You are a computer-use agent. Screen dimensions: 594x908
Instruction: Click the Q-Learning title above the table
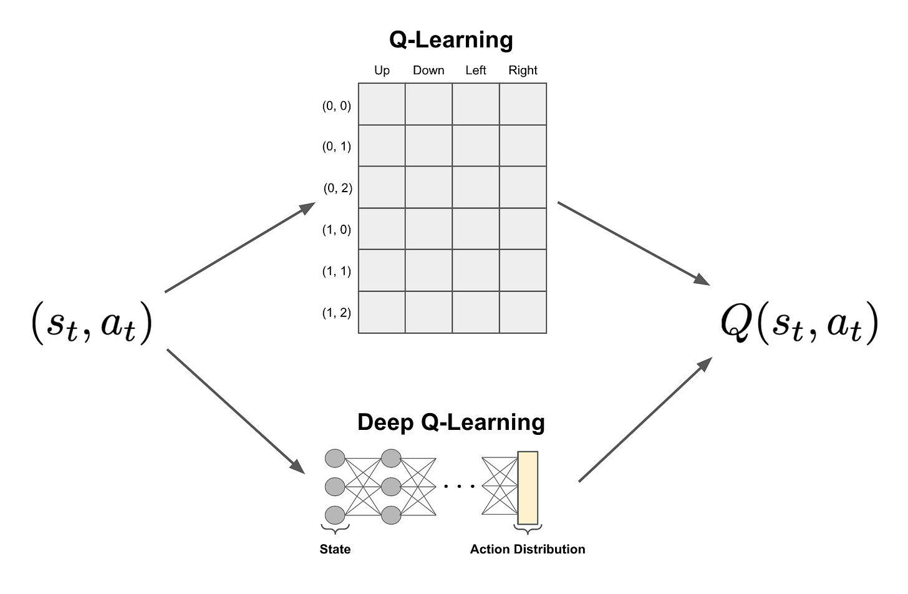[x=451, y=39]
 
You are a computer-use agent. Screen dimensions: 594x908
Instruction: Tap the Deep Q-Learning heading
[x=451, y=422]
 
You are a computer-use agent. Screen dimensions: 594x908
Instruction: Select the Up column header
[x=382, y=71]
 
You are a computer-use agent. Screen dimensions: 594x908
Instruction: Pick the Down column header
[x=428, y=71]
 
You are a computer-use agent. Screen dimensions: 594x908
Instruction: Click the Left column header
[x=475, y=71]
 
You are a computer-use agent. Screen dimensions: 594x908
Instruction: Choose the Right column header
[x=523, y=71]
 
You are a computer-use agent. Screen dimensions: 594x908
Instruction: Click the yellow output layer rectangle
[x=528, y=488]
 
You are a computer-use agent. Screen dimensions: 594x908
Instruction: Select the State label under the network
[x=335, y=549]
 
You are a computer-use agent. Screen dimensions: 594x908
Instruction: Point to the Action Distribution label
[x=528, y=549]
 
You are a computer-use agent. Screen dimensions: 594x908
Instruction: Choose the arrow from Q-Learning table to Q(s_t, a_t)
[x=633, y=243]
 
